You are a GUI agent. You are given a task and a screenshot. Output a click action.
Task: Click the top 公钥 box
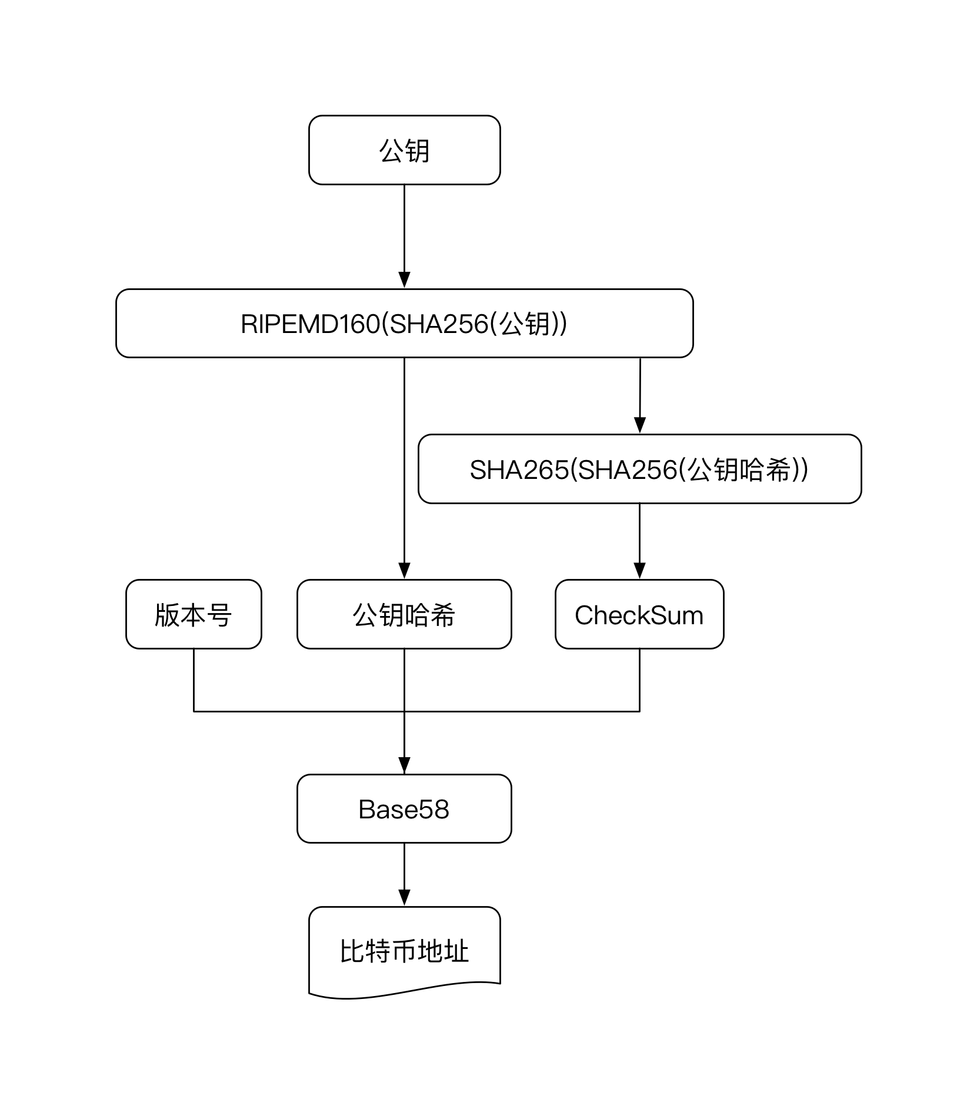click(404, 150)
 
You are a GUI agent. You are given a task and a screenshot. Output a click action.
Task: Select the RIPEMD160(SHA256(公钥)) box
click(404, 323)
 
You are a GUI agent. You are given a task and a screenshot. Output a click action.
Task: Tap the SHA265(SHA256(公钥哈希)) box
click(639, 469)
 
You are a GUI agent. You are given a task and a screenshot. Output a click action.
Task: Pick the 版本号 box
click(194, 614)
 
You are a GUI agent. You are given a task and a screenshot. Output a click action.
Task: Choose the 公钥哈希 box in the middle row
click(404, 614)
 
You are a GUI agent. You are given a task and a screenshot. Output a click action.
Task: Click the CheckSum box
click(639, 614)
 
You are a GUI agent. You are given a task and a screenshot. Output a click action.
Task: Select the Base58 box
click(404, 808)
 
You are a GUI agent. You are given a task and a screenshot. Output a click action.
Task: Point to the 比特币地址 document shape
click(404, 953)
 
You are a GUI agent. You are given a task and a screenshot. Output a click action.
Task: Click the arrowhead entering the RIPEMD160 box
click(404, 280)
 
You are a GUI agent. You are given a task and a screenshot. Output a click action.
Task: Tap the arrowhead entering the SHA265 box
click(640, 425)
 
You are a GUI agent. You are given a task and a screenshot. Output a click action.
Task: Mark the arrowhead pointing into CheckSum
click(639, 571)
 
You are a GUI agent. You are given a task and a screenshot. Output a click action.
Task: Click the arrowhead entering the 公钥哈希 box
click(404, 571)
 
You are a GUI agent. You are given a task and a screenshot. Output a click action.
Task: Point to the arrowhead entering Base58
click(404, 765)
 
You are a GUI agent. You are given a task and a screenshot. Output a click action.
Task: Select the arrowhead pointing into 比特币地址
click(404, 898)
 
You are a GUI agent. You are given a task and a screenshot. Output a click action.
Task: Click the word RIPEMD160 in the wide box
click(311, 324)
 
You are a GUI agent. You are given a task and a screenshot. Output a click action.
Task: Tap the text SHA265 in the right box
click(519, 469)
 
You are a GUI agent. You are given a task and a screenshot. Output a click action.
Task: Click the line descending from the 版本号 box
click(194, 680)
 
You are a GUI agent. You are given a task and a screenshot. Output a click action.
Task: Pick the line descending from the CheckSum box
click(639, 680)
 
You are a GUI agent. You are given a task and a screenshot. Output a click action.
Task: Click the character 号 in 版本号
click(219, 615)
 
